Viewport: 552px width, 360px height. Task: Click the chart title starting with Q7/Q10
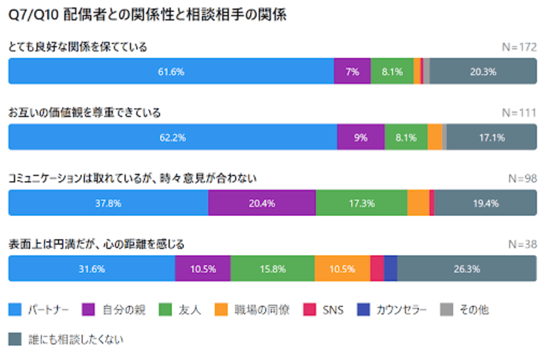point(148,16)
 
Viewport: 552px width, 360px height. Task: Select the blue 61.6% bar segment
point(171,71)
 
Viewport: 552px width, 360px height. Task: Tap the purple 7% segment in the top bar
point(352,71)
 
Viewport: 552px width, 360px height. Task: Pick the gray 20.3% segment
point(483,71)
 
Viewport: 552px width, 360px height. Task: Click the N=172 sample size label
point(519,47)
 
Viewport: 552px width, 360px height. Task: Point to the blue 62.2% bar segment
point(172,137)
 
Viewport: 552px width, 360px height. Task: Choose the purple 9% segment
point(361,137)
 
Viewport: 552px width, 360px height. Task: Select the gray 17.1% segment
point(491,137)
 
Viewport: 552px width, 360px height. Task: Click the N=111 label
point(519,113)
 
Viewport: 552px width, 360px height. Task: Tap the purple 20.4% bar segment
point(262,203)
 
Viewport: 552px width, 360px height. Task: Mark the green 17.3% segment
point(361,203)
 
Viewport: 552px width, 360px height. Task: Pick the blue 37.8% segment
point(108,203)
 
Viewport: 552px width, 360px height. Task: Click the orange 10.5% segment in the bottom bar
point(342,269)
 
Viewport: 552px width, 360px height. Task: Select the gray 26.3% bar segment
point(467,269)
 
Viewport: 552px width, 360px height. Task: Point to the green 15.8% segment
point(272,269)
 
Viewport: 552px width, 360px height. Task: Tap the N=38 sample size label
point(522,245)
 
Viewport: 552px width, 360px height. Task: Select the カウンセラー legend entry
point(392,310)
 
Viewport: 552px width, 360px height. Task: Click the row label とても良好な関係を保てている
point(78,47)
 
